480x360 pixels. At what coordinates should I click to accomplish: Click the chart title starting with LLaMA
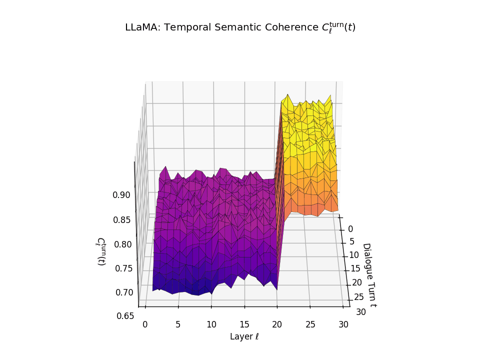240,27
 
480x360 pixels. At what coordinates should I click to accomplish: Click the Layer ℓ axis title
244,336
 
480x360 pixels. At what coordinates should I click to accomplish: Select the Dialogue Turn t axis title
369,274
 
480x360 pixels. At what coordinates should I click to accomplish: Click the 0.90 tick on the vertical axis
121,195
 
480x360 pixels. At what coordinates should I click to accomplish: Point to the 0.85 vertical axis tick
121,219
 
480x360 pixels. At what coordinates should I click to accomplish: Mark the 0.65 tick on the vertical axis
125,315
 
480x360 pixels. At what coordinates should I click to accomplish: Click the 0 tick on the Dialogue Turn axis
350,229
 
